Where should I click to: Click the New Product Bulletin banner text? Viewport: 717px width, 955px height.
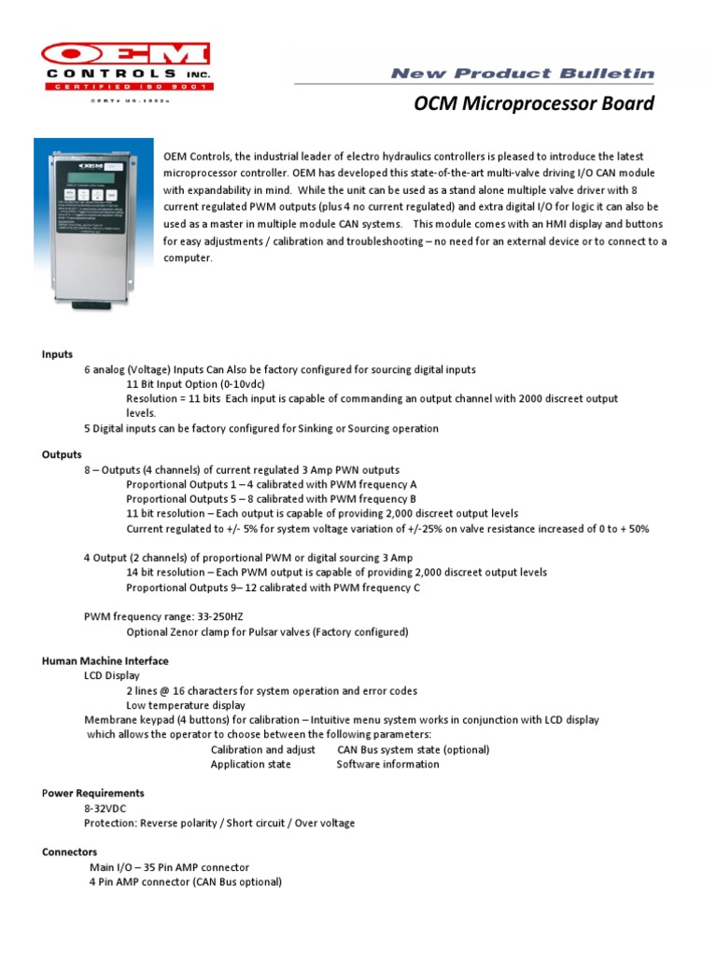point(522,73)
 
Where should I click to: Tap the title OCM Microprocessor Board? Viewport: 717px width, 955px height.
point(534,104)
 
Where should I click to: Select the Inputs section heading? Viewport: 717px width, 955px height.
point(56,354)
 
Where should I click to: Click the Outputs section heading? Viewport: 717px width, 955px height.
point(62,455)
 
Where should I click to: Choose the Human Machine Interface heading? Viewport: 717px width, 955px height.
point(105,660)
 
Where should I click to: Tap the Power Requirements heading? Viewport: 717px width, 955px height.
point(92,793)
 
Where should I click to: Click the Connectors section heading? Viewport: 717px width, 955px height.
point(69,851)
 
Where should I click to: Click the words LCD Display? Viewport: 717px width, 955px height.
point(111,675)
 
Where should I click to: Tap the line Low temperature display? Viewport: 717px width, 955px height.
point(186,705)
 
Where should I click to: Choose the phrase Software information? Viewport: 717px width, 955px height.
point(387,764)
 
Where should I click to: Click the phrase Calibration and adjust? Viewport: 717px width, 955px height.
point(262,749)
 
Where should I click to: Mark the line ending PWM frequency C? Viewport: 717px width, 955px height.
point(273,587)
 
